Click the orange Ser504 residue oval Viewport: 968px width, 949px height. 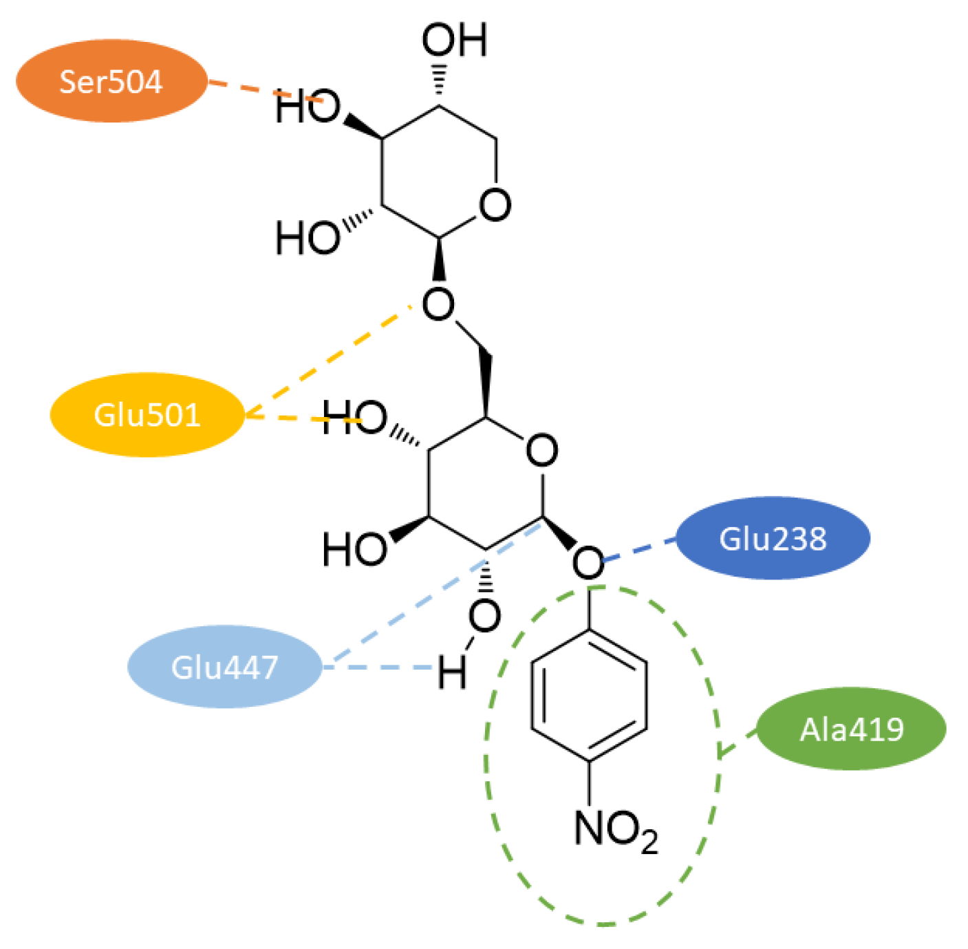[x=111, y=81]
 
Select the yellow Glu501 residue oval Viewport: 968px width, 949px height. [x=147, y=415]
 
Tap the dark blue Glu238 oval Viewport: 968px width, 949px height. [x=773, y=538]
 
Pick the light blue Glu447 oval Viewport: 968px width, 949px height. [x=224, y=666]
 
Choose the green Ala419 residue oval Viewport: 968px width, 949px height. [x=851, y=729]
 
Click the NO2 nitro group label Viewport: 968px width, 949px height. [x=614, y=829]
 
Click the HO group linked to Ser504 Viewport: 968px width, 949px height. [x=308, y=108]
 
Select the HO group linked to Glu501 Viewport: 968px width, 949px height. [x=355, y=418]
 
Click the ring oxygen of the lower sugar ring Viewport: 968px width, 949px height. [x=541, y=451]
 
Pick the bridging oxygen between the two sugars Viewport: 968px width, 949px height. [x=438, y=304]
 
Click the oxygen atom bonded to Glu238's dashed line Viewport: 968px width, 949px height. [x=588, y=562]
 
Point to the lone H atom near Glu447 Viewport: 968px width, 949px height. [x=452, y=672]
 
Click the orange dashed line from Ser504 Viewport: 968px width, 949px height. [x=241, y=88]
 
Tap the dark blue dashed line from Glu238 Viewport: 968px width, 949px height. [x=640, y=550]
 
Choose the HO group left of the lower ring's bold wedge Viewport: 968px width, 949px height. [x=355, y=548]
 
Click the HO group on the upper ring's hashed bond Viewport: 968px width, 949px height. [x=308, y=238]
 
